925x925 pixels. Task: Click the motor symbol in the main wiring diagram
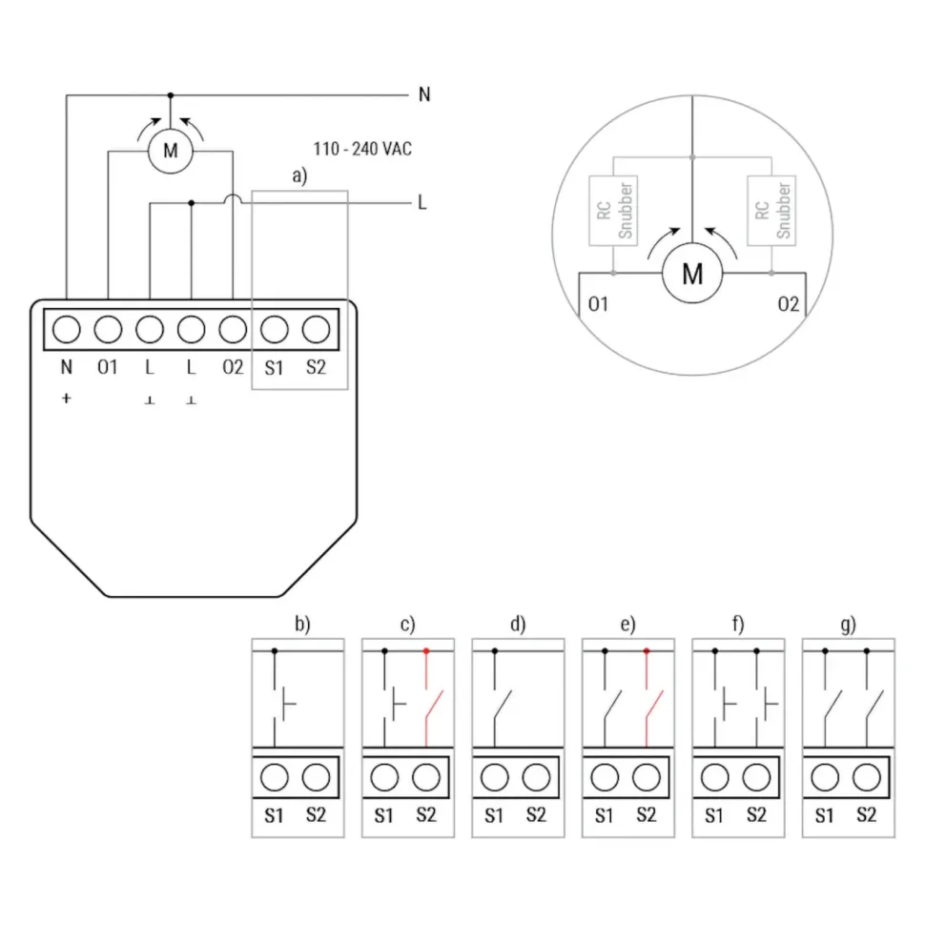(x=170, y=151)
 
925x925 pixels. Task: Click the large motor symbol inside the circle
(x=692, y=273)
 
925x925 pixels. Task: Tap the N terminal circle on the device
(x=67, y=329)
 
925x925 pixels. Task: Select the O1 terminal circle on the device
(x=108, y=329)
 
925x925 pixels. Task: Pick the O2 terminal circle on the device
(x=233, y=329)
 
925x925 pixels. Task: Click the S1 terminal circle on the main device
(x=275, y=329)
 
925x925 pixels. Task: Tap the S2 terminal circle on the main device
(x=317, y=329)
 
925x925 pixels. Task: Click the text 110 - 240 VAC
(x=362, y=149)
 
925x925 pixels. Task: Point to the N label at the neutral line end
(x=424, y=94)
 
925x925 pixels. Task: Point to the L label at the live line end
(x=421, y=203)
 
